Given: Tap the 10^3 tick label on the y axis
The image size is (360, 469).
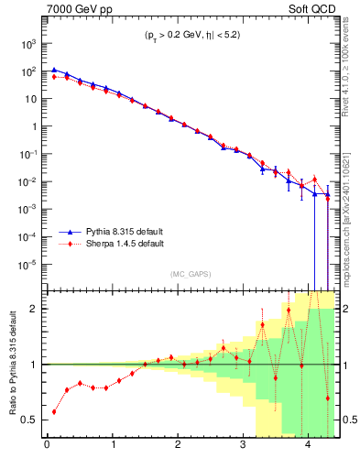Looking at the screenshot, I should (x=28, y=43).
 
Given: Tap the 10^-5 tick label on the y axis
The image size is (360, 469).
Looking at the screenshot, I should (x=27, y=265).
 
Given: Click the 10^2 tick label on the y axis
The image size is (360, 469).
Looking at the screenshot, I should (x=28, y=71).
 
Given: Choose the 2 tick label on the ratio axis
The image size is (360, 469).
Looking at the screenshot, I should (x=33, y=309).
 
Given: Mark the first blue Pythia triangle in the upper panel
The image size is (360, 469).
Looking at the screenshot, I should (x=54, y=69).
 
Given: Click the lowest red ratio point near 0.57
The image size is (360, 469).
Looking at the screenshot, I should (x=54, y=411).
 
